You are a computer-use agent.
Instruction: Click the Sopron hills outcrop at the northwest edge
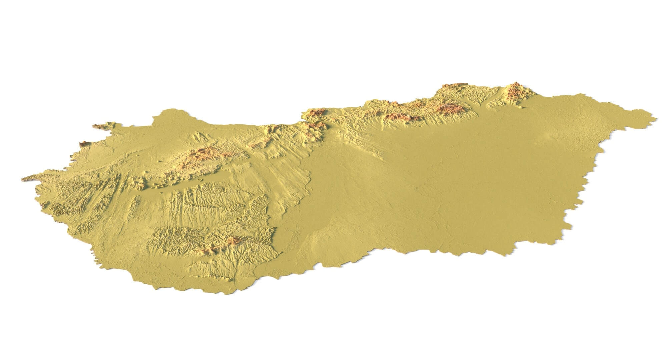[100, 126]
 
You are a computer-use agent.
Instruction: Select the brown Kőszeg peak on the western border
[83, 144]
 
